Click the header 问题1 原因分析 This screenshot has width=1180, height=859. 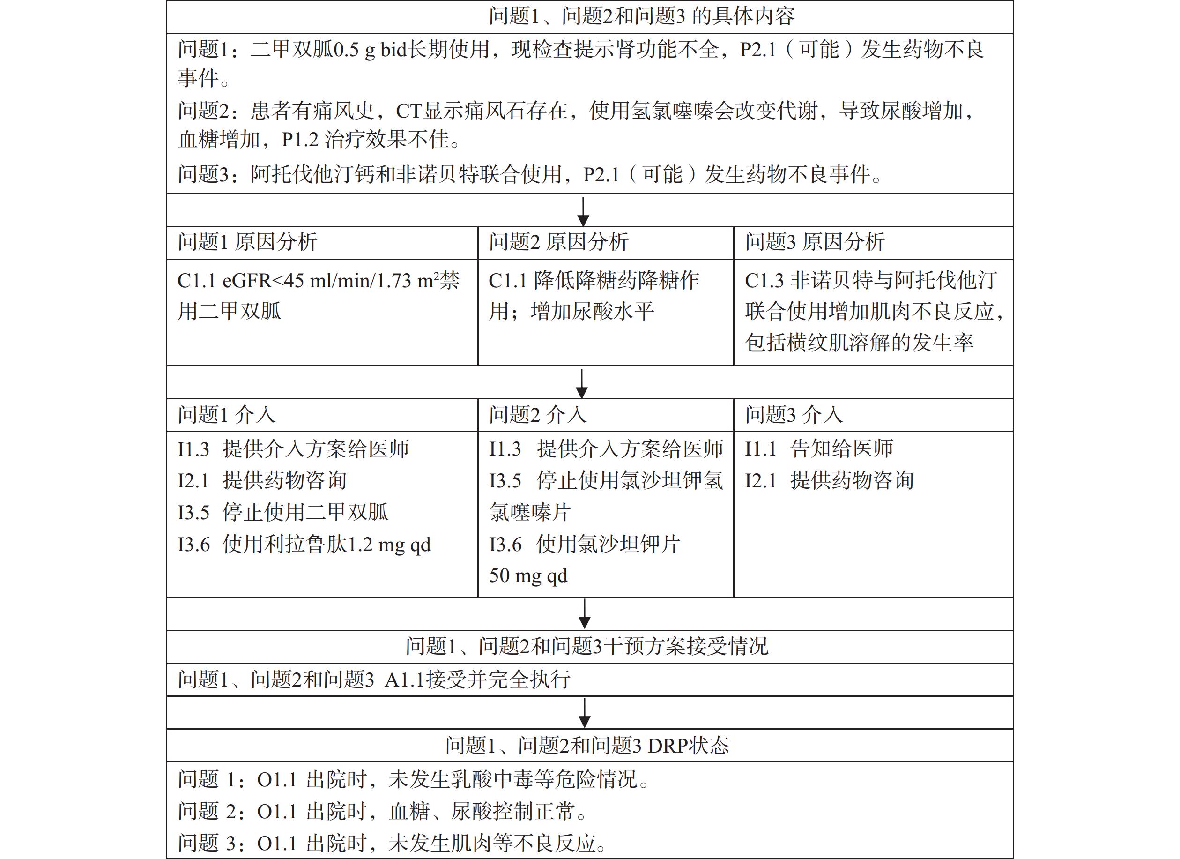(247, 242)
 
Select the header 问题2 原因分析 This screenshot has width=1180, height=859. (558, 242)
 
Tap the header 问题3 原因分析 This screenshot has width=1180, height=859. (815, 242)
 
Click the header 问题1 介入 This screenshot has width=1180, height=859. (226, 415)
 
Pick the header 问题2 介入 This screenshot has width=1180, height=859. (537, 415)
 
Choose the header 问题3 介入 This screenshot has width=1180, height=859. (794, 415)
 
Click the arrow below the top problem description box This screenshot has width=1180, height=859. (583, 211)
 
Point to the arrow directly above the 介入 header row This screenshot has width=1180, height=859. (582, 383)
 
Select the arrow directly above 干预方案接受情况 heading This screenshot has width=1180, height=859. (584, 614)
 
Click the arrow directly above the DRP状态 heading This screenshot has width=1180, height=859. (584, 713)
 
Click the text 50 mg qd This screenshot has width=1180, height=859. (528, 576)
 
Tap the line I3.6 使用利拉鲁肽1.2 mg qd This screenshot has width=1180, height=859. (304, 545)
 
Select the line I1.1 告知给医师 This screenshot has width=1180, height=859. (819, 448)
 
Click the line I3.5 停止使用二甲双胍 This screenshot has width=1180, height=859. (282, 512)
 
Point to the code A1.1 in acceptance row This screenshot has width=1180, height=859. (404, 680)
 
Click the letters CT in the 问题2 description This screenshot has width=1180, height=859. (409, 111)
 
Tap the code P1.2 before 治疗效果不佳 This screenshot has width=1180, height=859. (300, 140)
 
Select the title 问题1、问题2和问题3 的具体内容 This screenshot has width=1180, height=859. (641, 17)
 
